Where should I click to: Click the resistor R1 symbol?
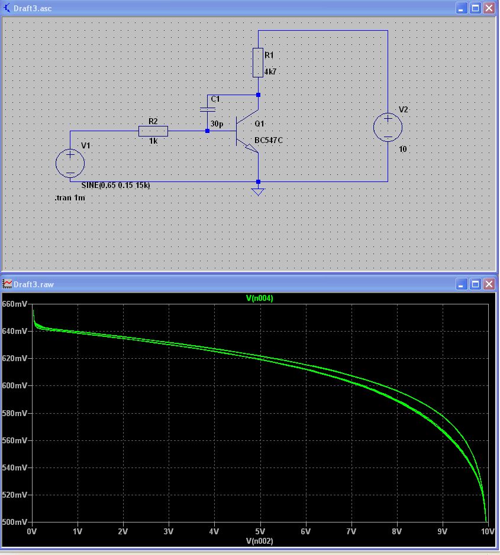[x=258, y=63]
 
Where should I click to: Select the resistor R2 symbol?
[x=153, y=131]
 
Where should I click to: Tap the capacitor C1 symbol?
[x=207, y=109]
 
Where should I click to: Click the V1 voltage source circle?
[x=70, y=163]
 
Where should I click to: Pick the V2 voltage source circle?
[x=388, y=127]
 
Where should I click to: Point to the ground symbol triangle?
[x=257, y=192]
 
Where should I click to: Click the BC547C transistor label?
[x=267, y=141]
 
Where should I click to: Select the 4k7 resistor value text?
[x=270, y=72]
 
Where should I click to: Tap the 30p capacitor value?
[x=217, y=124]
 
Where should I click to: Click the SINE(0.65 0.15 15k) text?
[x=115, y=185]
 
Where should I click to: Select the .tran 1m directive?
[x=70, y=198]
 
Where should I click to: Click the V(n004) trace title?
[x=259, y=298]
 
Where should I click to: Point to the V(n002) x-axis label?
[x=259, y=541]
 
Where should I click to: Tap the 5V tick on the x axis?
[x=260, y=531]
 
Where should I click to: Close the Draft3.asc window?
[x=489, y=8]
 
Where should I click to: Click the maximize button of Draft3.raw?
[x=475, y=284]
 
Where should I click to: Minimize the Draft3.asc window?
[x=462, y=8]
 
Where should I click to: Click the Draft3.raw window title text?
[x=34, y=284]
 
